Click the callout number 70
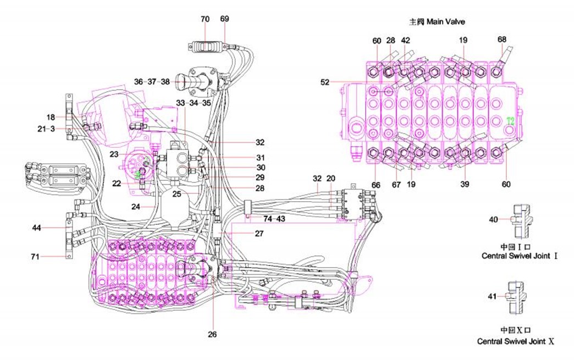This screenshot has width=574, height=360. [205, 19]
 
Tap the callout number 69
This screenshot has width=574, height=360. [224, 19]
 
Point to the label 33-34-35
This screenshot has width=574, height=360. [194, 103]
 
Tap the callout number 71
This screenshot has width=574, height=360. [37, 256]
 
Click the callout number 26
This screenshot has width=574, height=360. [213, 334]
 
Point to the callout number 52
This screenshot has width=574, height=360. [325, 82]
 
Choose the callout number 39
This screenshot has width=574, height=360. [465, 185]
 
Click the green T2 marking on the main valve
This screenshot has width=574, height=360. [510, 120]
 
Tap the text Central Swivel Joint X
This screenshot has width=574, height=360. [516, 341]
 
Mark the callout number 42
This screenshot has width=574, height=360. [406, 40]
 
